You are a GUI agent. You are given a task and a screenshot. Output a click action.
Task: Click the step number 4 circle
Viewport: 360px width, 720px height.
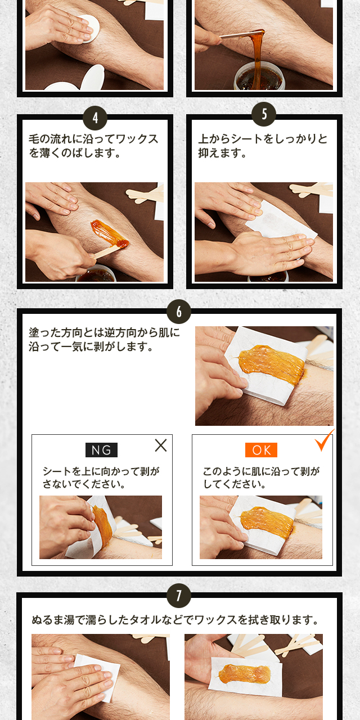coord(95,118)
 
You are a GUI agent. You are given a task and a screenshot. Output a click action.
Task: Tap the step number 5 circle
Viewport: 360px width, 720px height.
coord(264,114)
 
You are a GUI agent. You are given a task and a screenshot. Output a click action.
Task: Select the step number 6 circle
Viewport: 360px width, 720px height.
coord(179,312)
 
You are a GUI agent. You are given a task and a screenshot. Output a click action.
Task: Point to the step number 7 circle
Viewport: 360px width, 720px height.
coord(179,596)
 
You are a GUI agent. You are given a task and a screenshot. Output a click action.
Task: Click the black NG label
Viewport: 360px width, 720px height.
coord(102,449)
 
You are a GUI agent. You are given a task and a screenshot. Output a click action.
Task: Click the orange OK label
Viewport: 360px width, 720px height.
coord(261,449)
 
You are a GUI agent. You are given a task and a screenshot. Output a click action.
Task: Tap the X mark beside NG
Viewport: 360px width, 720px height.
coord(161,445)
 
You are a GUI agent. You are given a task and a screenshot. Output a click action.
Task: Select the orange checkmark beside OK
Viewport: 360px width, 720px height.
coord(324,440)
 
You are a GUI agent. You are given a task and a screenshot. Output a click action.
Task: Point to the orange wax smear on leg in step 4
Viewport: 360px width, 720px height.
coord(109,233)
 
